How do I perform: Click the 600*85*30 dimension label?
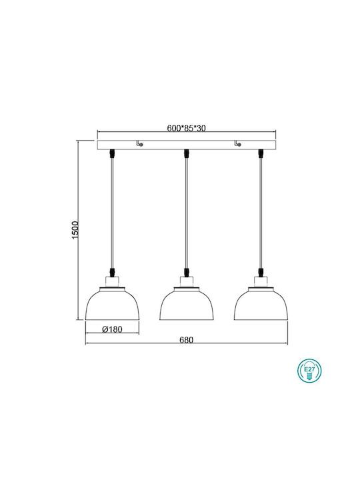[186, 128]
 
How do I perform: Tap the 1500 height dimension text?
[75, 230]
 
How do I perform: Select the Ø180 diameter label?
[112, 329]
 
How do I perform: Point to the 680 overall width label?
[187, 340]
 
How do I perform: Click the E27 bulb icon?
[309, 371]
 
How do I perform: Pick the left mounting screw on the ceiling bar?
[139, 143]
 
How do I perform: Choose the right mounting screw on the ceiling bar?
[237, 143]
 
